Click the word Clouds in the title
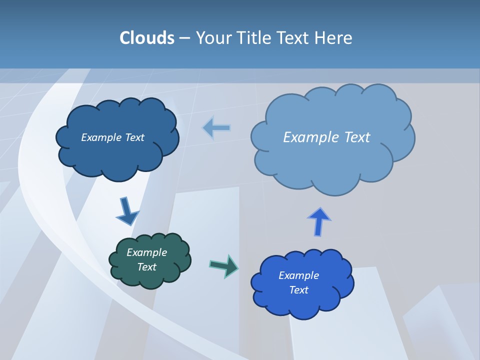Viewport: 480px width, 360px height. (x=146, y=38)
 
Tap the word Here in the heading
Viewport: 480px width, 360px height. (x=334, y=38)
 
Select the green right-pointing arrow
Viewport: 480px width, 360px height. (x=224, y=265)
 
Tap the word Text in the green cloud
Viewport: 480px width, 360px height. (x=147, y=267)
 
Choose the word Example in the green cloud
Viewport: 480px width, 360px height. (x=147, y=252)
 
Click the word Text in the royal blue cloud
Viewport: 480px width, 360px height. (x=299, y=290)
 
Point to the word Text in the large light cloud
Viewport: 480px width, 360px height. (x=357, y=137)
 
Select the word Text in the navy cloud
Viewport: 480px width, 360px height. (x=134, y=137)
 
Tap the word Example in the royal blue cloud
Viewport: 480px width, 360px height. (x=299, y=275)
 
